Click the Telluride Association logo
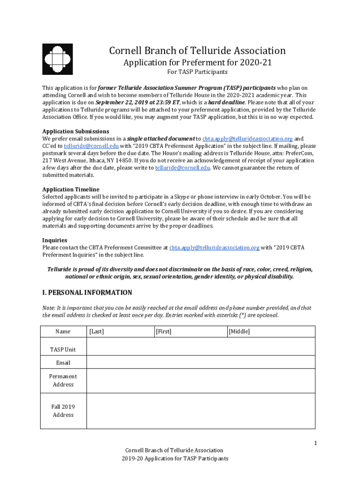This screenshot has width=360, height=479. point(58,59)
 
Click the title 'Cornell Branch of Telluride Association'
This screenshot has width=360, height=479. point(197,51)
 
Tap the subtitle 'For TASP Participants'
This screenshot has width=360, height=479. point(197,72)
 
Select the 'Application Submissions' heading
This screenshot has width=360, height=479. point(76,131)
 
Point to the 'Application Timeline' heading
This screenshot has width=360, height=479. point(71,189)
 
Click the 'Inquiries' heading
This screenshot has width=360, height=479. point(55,240)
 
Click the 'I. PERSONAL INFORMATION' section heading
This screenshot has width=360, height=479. point(87,293)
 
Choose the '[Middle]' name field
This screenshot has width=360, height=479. point(270,332)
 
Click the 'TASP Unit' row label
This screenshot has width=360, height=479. point(63,349)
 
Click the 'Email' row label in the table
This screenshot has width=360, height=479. point(63,363)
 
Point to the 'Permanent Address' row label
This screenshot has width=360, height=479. point(63,380)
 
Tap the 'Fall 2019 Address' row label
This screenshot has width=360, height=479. point(63,411)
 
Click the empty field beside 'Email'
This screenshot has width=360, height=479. point(201,363)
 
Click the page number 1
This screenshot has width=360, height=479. point(316,443)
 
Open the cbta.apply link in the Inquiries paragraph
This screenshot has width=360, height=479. point(214,248)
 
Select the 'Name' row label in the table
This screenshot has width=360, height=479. point(63,332)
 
